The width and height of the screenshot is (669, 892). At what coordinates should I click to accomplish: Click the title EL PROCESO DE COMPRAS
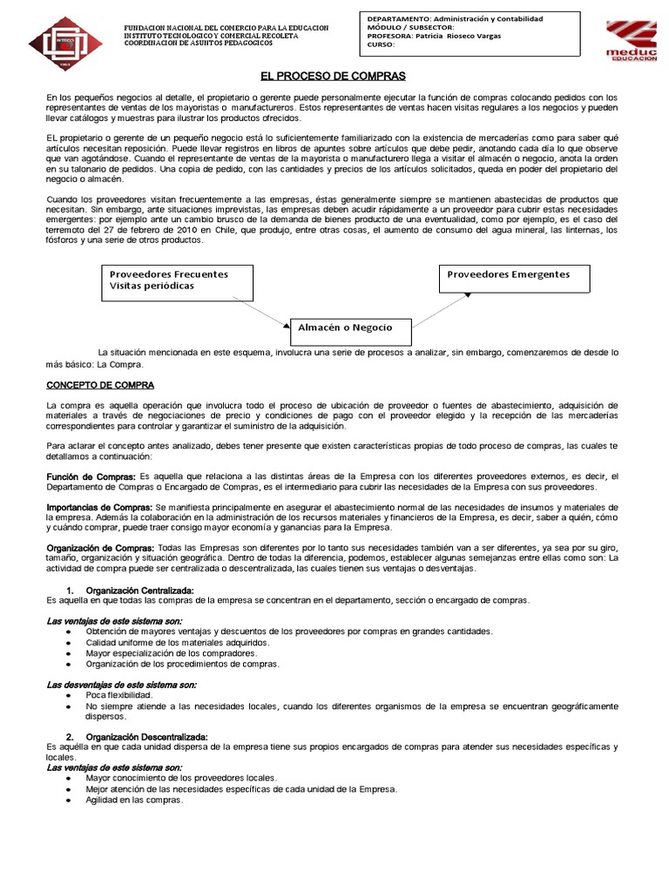coord(334,77)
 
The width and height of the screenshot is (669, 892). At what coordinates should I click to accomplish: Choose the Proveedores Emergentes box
coord(513,275)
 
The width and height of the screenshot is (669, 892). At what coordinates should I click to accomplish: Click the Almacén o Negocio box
coord(348,328)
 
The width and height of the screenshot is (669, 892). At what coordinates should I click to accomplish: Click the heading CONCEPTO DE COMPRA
coord(100,384)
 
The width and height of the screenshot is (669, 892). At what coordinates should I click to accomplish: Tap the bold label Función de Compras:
coord(91,476)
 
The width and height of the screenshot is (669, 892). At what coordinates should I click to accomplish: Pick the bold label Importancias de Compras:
coord(99,507)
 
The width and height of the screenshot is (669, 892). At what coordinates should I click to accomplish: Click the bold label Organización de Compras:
coord(100,546)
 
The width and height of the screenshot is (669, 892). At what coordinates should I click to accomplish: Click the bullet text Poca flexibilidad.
coord(118,695)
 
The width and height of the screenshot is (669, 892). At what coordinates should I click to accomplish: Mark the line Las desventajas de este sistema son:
coord(121,685)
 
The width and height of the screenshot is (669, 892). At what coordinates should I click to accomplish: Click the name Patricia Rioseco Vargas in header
coord(457,36)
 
